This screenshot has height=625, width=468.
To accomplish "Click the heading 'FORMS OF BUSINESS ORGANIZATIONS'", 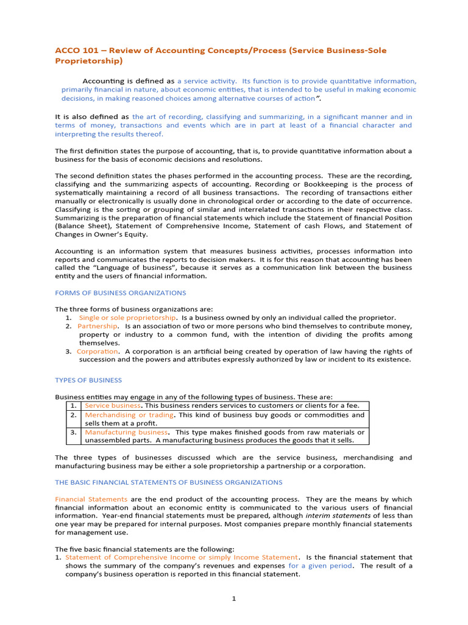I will [x=121, y=293].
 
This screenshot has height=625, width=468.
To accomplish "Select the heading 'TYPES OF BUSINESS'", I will [x=88, y=380].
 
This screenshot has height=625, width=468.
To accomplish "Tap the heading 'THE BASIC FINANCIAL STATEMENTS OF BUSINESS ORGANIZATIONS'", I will [x=169, y=482].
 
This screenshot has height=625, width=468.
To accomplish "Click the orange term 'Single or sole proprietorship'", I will [x=128, y=318].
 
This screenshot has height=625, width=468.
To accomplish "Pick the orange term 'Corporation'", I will [x=97, y=352].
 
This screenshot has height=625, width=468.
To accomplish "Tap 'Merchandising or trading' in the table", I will [x=129, y=415].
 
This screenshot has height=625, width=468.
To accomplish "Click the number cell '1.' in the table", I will [x=73, y=406].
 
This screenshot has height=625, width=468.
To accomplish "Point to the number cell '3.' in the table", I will [x=73, y=432].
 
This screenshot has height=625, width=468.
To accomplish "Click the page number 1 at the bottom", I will [x=233, y=599].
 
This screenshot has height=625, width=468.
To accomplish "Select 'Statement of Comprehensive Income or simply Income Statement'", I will [x=182, y=557].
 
